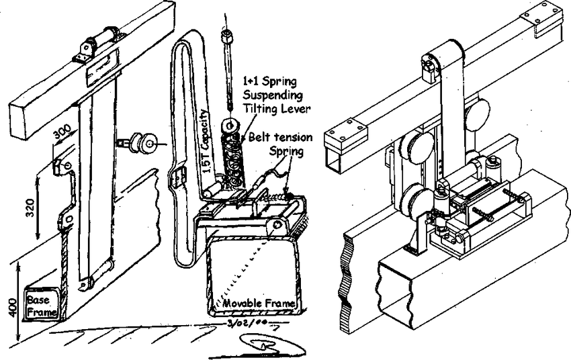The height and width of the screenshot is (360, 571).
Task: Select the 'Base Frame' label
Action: pos(40,304)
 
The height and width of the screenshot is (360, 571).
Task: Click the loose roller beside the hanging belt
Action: pos(144,143)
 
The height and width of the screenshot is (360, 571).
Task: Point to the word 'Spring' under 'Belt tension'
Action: pos(287,151)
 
